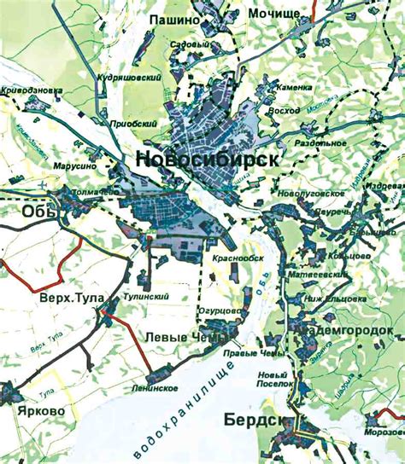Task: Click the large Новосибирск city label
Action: tap(206, 160)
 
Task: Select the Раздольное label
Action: tap(320, 143)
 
